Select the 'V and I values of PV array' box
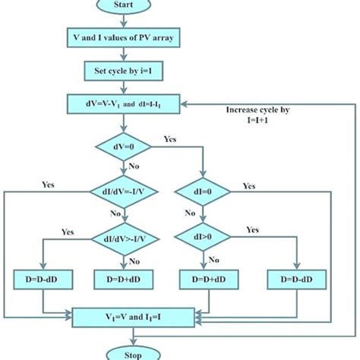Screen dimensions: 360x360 click(x=121, y=37)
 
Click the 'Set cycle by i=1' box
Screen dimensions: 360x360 click(x=121, y=71)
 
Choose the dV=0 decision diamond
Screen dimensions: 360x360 click(x=121, y=145)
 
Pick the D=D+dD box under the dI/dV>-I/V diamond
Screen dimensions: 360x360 click(x=121, y=281)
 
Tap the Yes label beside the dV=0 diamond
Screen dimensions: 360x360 click(x=170, y=140)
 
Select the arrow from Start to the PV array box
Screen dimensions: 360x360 click(x=121, y=20)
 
